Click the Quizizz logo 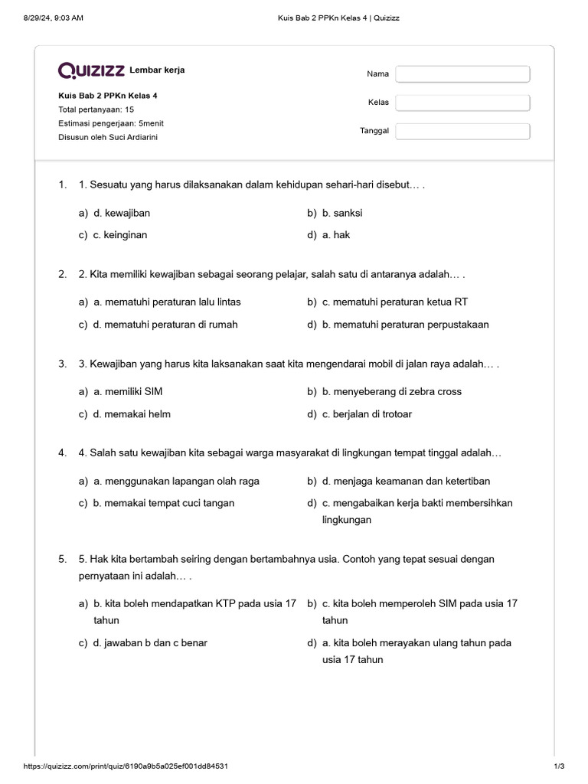92,71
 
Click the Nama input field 462,74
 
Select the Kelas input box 462,103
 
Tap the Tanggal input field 462,131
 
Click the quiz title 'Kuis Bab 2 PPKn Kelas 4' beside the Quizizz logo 108,96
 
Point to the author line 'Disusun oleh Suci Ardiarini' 108,137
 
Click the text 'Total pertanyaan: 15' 96,109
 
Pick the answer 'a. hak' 336,235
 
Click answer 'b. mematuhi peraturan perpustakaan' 405,324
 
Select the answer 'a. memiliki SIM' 128,391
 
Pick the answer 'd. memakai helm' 132,414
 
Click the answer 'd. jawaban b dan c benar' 150,643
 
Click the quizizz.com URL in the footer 126,766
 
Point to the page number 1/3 558,766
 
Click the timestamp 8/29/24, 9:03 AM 53,18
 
